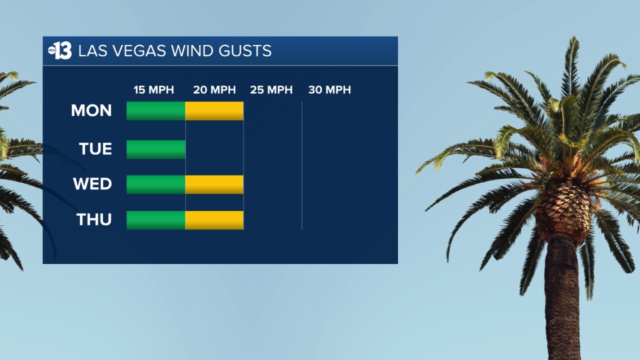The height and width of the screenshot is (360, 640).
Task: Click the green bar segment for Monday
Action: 155,111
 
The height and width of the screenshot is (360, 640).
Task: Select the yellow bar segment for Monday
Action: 214,111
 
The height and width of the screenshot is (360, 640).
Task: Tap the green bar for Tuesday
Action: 155,149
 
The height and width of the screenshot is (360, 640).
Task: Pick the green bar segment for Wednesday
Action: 155,184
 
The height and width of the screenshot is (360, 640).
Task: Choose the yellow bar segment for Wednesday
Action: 214,184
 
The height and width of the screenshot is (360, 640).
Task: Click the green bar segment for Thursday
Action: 155,220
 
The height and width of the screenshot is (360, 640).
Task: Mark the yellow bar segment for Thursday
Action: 214,220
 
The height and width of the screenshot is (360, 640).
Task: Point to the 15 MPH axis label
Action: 153,90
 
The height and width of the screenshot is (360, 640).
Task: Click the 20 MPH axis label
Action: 214,90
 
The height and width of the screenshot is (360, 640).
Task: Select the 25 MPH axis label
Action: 271,90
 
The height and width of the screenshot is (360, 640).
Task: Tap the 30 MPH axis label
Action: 329,90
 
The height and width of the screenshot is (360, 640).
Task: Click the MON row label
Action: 91,110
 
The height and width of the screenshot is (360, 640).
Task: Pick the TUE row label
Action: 95,149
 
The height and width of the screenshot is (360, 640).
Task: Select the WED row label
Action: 92,184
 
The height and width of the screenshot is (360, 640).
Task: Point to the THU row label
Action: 94,219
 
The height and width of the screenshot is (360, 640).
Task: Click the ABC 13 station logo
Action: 60,51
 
